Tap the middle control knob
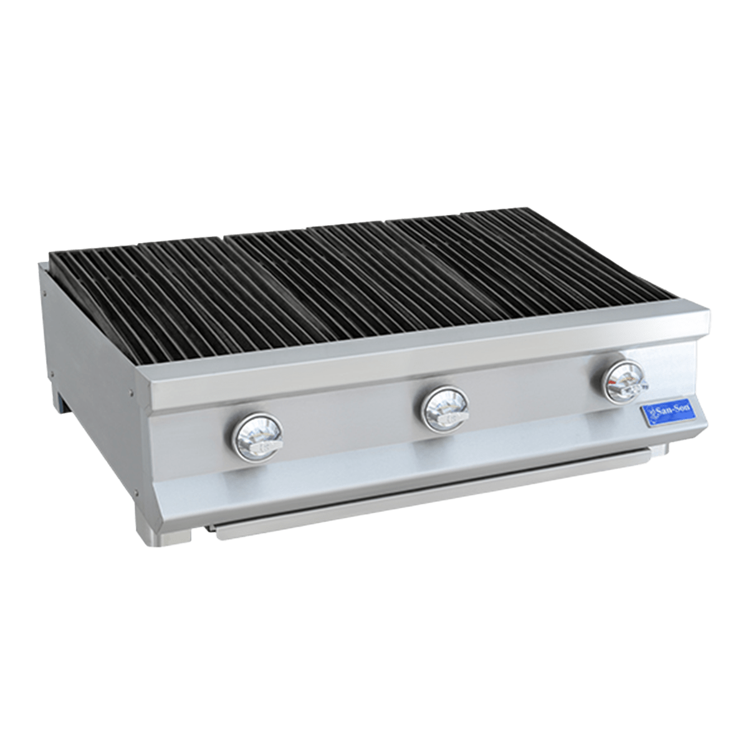coord(444,410)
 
